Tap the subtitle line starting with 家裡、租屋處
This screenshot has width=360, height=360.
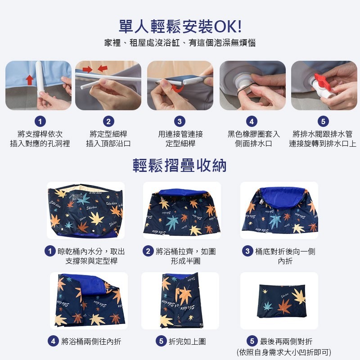pos(180,44)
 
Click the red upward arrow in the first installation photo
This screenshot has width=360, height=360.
pos(29,80)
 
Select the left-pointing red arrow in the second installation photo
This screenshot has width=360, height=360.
pos(103,68)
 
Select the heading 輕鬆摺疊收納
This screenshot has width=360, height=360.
pos(180,165)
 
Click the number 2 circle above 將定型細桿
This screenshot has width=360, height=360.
pos(108,121)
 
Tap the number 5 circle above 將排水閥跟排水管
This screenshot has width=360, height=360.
pos(323,121)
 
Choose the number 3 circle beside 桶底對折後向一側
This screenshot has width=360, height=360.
pos(247,251)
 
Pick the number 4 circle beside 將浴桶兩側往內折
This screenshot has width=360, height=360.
pos(54,342)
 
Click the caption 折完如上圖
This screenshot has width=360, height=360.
pos(187,342)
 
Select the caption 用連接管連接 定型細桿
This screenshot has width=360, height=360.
pos(180,139)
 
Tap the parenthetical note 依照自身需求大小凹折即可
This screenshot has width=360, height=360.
pos(283,352)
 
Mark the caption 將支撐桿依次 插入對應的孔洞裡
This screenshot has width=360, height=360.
pos(40,139)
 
